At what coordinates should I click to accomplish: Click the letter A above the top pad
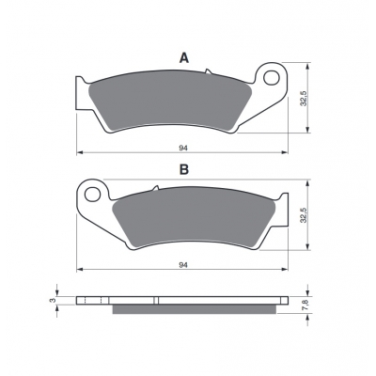(184, 58)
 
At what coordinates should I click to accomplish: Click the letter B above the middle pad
(184, 169)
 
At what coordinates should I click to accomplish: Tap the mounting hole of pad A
(272, 78)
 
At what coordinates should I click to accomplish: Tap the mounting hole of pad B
(92, 195)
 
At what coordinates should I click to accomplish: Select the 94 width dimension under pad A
(183, 149)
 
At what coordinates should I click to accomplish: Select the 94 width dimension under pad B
(183, 265)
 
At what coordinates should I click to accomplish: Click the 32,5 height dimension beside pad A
(304, 98)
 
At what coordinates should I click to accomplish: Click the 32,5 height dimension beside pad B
(304, 215)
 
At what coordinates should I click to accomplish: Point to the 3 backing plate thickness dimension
(53, 300)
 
